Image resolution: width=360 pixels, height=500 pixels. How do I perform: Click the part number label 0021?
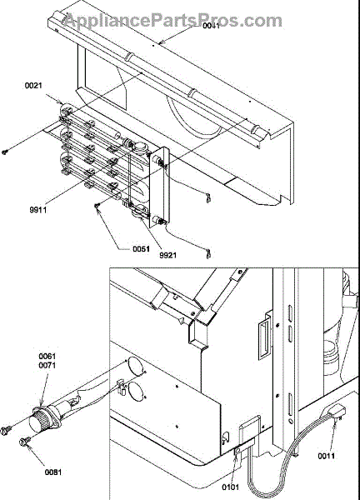coord(33,86)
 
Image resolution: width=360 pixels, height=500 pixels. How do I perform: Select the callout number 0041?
coord(212,26)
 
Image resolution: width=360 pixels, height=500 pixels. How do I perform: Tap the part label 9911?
coord(38,210)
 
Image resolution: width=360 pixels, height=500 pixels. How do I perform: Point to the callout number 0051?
coord(142,248)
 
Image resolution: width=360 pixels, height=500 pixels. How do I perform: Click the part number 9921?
coord(167,255)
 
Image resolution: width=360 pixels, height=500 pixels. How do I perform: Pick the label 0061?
coord(47,356)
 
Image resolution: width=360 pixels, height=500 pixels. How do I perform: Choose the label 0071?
coord(47,365)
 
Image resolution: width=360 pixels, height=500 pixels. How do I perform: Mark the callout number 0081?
coord(53,472)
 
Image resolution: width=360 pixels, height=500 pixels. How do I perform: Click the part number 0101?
coord(231,487)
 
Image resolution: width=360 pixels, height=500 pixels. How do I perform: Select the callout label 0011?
coord(326,456)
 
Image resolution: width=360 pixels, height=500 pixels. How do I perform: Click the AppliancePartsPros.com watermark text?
coord(173,21)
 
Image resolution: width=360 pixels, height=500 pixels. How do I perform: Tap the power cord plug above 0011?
coord(336,412)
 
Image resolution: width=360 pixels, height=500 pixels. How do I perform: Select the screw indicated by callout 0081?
coord(24,441)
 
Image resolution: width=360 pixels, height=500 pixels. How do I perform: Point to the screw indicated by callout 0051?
coord(97,206)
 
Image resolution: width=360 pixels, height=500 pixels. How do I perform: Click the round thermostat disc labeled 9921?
coord(140,212)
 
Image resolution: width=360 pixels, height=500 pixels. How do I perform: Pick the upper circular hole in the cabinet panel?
coord(134,365)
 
